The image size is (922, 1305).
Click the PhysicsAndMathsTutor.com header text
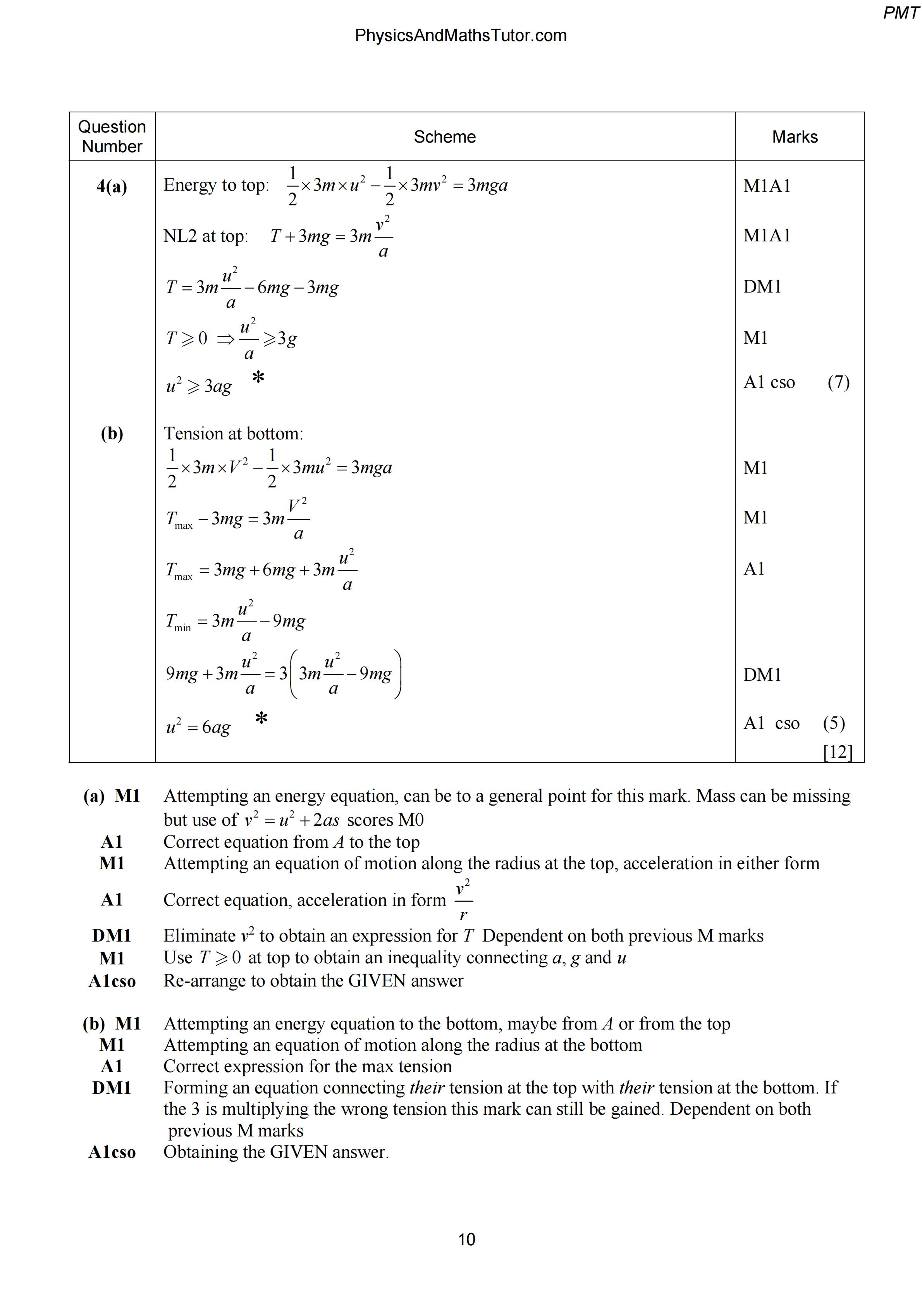pos(461,36)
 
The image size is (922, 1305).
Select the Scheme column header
pos(444,137)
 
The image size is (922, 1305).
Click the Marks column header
pos(795,137)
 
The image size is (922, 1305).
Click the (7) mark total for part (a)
pos(838,382)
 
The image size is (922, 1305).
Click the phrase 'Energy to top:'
pos(217,185)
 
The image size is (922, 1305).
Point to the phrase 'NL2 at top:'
pos(206,236)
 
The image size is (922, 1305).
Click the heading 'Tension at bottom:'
pos(234,434)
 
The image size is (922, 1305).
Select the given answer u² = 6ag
pos(198,727)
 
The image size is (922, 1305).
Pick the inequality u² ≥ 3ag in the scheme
pos(199,386)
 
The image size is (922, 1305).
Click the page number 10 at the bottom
pos(466,1239)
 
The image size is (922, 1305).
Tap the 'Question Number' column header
pos(112,136)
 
